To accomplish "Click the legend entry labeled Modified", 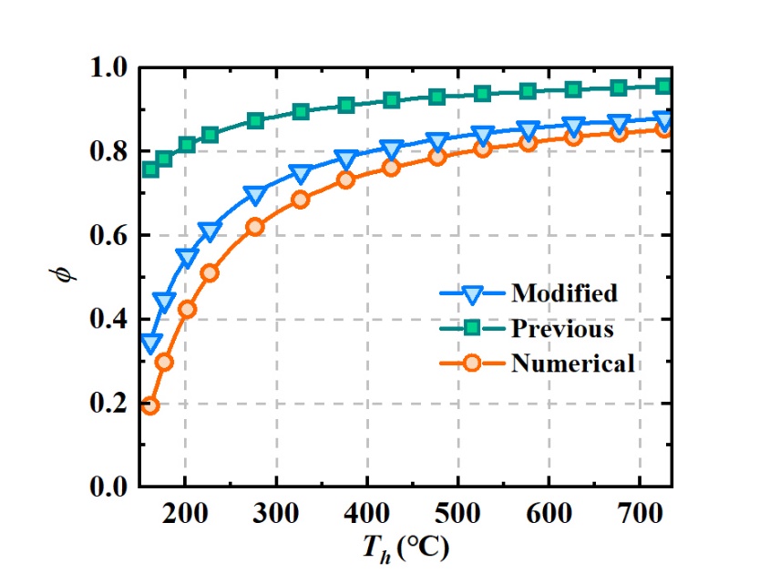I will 564,292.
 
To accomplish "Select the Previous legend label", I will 562,328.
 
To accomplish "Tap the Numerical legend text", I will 572,364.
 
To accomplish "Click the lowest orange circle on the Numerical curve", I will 150,405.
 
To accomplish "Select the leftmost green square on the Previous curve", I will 150,169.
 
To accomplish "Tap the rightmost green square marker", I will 663,86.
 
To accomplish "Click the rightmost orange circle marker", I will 663,129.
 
